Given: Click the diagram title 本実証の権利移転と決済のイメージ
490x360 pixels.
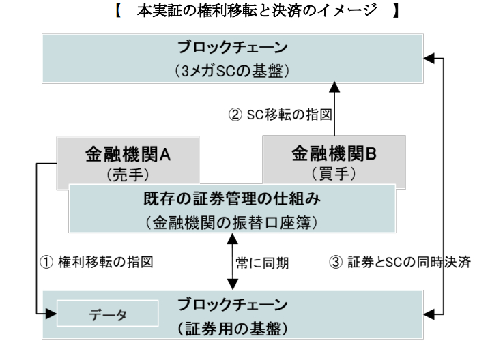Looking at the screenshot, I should pos(244,12).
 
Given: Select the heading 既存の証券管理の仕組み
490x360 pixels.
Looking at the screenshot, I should pos(234,202).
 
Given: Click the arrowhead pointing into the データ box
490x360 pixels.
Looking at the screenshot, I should pos(51,315).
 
